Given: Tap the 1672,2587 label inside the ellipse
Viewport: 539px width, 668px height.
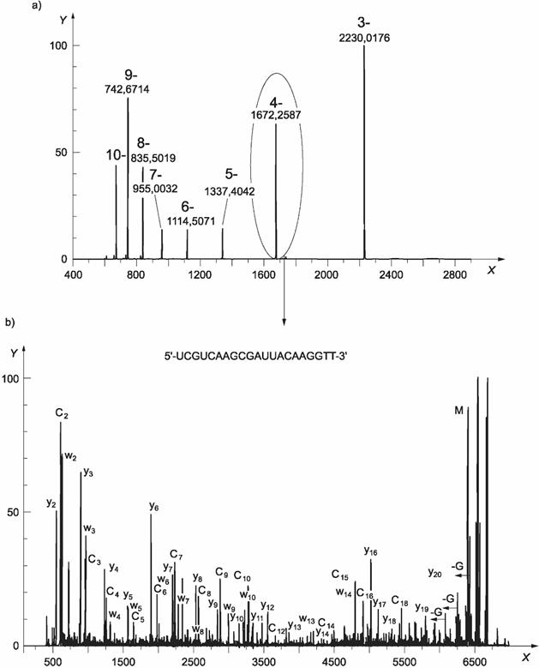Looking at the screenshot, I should coord(276,114).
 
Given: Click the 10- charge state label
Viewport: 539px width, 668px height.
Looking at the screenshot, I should coord(116,155).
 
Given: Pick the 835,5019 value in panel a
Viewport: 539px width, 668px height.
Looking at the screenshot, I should coord(153,158).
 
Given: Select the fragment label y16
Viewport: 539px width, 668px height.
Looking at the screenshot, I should coord(371,551).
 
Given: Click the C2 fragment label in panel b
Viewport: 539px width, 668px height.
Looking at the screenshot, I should coord(62,414).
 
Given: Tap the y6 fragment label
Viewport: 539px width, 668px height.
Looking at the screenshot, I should coord(153,507).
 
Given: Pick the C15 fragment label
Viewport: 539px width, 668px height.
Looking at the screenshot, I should coord(340,575).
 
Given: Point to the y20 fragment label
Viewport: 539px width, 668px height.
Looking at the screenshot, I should coord(434,572).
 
